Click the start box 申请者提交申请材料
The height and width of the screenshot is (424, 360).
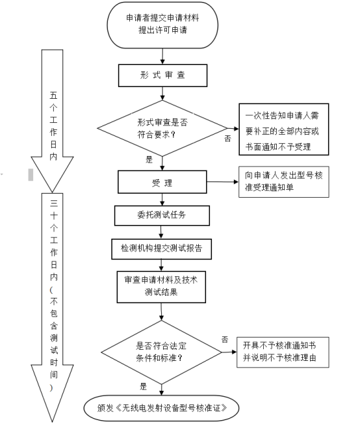click(x=162, y=25)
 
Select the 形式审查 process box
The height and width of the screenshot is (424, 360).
click(x=162, y=75)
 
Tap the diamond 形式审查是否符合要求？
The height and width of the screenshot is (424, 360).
click(x=162, y=128)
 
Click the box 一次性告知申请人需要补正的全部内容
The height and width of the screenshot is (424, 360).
click(x=284, y=129)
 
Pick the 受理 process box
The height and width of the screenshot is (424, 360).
click(x=162, y=182)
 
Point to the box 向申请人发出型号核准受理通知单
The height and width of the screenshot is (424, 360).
click(x=284, y=181)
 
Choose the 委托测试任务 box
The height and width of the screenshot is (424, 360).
click(x=162, y=215)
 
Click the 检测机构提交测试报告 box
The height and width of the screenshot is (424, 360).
click(x=161, y=249)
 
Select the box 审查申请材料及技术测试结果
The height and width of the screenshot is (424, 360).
click(x=161, y=287)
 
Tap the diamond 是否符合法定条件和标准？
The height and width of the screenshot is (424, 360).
click(x=161, y=352)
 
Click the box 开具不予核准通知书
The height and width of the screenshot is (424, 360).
click(x=283, y=352)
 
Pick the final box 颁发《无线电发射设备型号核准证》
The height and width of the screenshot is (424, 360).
click(x=161, y=408)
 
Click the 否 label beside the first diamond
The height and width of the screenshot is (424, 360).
click(x=228, y=139)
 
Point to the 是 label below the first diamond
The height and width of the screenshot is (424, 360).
click(x=149, y=159)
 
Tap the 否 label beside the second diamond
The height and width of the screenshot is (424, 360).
click(x=225, y=339)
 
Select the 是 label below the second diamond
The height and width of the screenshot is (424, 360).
click(x=143, y=386)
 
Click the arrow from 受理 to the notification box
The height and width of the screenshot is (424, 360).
click(x=223, y=181)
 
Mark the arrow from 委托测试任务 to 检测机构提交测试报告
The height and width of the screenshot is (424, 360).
click(x=161, y=232)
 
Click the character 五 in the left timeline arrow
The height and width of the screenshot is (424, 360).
click(x=53, y=96)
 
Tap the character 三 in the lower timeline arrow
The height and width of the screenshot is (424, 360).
click(x=53, y=203)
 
